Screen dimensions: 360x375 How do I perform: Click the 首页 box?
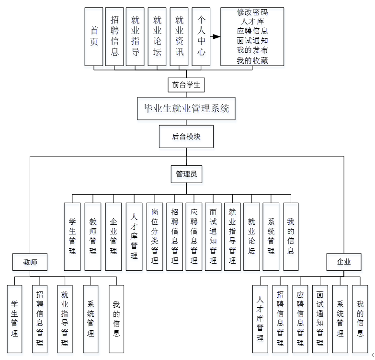(x=94, y=36)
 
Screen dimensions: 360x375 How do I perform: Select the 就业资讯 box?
(x=179, y=36)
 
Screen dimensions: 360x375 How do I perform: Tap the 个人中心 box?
(x=201, y=36)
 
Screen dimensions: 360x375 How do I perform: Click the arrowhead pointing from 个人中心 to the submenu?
(x=216, y=36)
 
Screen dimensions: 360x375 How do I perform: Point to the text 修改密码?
(x=252, y=12)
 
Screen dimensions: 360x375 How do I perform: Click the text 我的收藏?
(x=252, y=60)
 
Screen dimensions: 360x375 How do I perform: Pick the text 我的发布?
(x=252, y=51)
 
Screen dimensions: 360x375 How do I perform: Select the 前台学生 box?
(x=186, y=85)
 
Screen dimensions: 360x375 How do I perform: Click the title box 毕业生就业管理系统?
(x=186, y=108)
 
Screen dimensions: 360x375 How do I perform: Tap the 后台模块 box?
(x=186, y=137)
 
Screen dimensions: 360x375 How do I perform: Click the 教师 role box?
(x=30, y=262)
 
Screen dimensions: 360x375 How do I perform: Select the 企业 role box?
(x=344, y=262)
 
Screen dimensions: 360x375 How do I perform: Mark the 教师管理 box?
(x=93, y=236)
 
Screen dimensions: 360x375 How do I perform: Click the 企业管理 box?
(x=114, y=236)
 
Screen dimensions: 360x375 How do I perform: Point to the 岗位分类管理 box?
(x=154, y=236)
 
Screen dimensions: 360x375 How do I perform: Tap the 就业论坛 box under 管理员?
(x=251, y=236)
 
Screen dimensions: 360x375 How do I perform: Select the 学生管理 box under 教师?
(x=15, y=319)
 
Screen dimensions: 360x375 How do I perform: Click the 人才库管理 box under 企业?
(x=260, y=319)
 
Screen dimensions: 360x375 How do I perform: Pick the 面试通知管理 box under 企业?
(x=320, y=319)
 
